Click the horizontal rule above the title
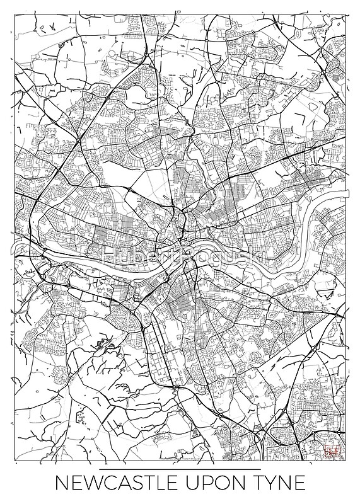click(180, 470)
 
